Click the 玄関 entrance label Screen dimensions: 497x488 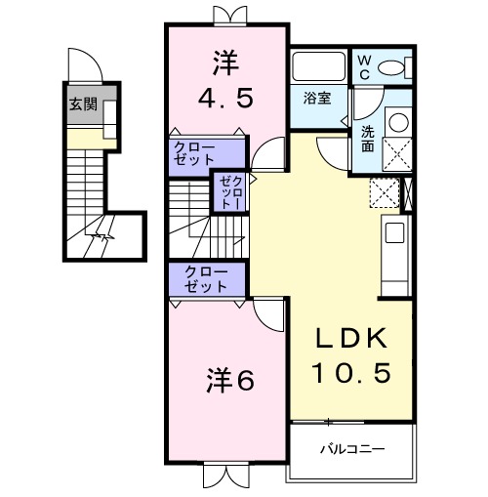[82, 104]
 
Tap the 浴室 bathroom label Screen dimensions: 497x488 [316, 98]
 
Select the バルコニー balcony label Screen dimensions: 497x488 [350, 450]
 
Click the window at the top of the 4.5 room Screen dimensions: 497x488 [225, 14]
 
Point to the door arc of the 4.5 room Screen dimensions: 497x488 [266, 152]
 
